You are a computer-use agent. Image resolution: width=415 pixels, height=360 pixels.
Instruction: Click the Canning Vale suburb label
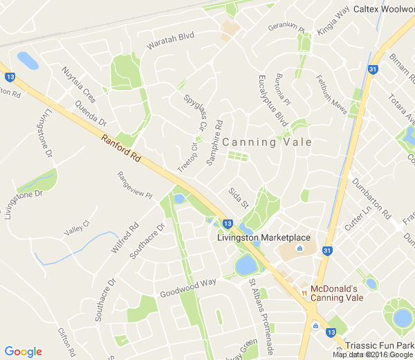[267, 142]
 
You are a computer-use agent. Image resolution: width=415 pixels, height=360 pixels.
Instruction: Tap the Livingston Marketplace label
[263, 237]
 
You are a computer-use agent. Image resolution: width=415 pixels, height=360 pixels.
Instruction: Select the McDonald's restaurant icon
[304, 293]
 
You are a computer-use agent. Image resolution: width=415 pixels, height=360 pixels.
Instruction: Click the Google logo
[23, 351]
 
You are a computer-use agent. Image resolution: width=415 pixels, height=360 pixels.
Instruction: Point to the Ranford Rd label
[121, 148]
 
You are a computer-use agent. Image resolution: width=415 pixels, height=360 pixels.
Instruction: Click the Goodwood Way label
[188, 285]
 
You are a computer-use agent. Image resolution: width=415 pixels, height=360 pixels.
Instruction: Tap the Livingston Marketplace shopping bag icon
[299, 249]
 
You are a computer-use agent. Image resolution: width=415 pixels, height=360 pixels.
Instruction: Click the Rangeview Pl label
[134, 185]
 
